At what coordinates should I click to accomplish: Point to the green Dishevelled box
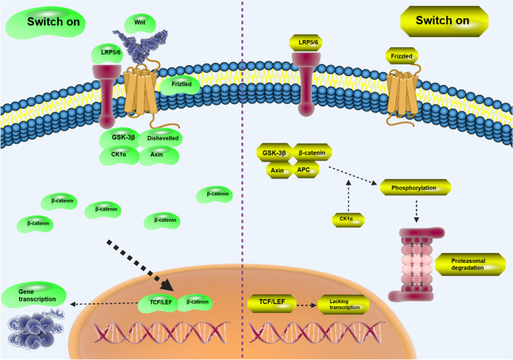pyautogui.click(x=160, y=138)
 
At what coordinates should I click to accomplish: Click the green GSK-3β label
pyautogui.click(x=118, y=138)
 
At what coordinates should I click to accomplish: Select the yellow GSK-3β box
pyautogui.click(x=274, y=153)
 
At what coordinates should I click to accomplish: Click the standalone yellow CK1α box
pyautogui.click(x=345, y=220)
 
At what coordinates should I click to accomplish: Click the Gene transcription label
pyautogui.click(x=33, y=292)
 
